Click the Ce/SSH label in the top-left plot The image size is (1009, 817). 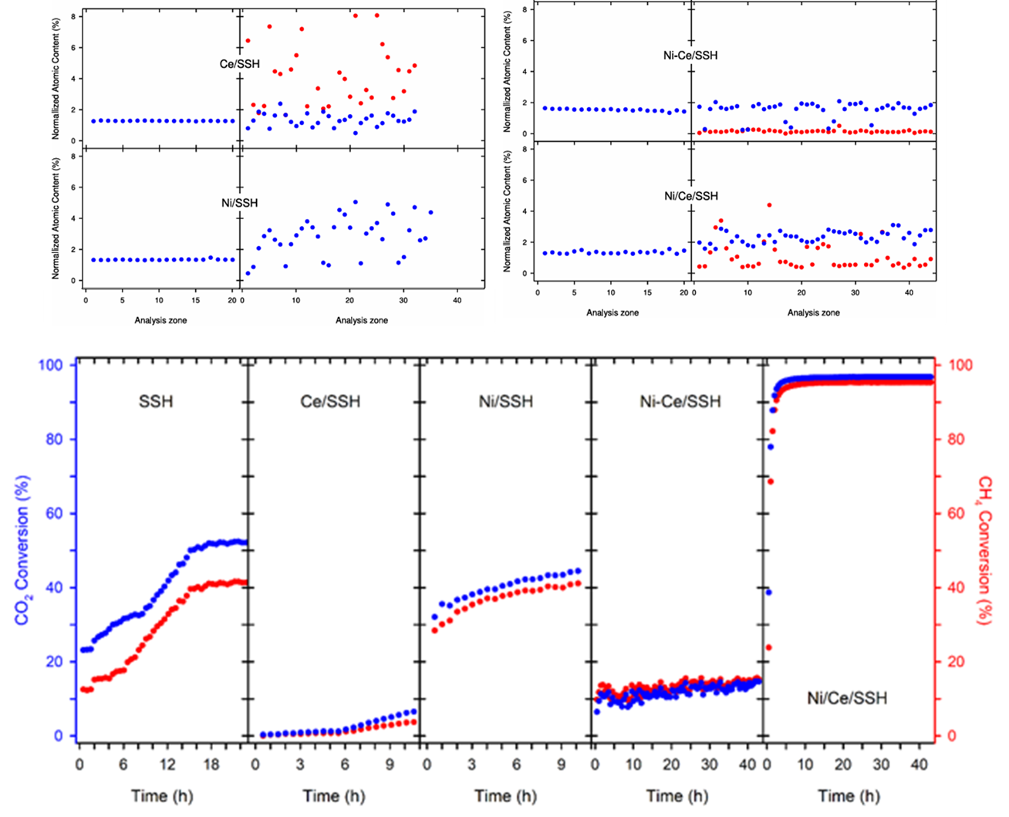click(x=239, y=64)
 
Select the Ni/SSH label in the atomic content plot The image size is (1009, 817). click(x=239, y=203)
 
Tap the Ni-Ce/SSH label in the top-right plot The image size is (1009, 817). click(x=690, y=56)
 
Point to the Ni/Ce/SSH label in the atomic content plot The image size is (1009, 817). click(x=690, y=196)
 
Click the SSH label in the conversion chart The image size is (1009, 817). click(x=156, y=401)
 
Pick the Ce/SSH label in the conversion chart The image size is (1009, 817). click(x=330, y=401)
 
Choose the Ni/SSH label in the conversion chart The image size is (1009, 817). click(x=506, y=401)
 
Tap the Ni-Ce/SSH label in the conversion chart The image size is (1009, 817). click(x=680, y=401)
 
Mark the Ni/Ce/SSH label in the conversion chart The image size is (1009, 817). click(x=847, y=698)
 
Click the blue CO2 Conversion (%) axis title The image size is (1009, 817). click(x=23, y=549)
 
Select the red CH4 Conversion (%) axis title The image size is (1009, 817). click(x=984, y=549)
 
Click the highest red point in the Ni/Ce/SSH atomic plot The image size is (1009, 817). click(x=769, y=205)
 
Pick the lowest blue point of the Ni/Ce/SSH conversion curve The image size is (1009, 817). click(x=768, y=592)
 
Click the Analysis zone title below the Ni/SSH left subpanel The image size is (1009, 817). click(x=160, y=320)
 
